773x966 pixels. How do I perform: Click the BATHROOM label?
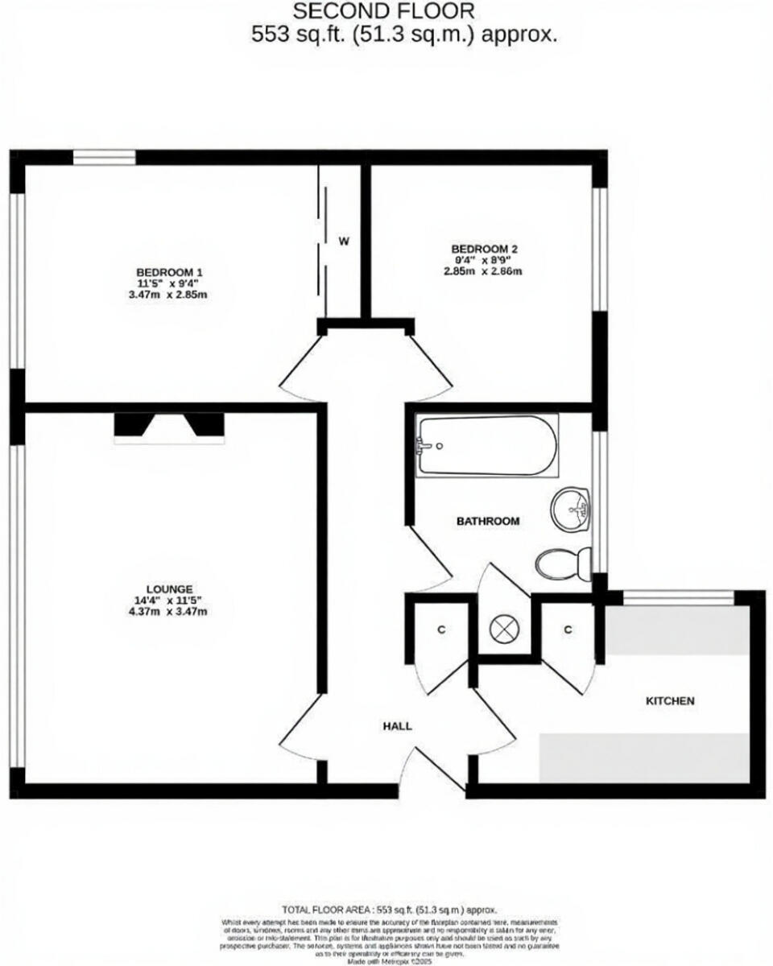488,521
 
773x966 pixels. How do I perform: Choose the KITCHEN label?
670,700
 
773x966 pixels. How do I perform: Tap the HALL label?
397,725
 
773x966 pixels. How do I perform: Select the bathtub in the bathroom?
487,445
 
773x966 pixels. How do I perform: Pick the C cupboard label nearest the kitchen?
568,630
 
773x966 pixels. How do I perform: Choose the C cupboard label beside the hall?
441,630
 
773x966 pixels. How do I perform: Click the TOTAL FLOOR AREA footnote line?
389,906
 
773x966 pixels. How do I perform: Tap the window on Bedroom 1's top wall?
105,157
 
